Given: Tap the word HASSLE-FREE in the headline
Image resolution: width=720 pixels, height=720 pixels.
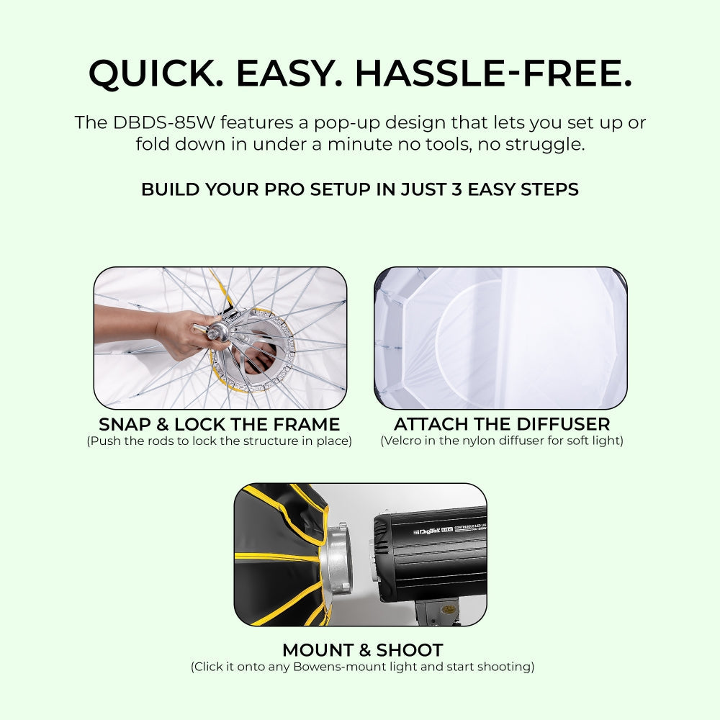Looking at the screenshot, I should tap(493, 73).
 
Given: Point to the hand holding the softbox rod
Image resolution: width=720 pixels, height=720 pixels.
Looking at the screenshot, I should tap(173, 333).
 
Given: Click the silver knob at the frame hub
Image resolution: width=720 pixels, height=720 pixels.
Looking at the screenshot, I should tap(215, 332).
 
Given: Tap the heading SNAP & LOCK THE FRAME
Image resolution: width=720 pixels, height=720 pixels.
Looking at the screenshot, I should tap(220, 423).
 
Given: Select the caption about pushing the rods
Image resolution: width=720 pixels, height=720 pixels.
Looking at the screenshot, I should tap(220, 441).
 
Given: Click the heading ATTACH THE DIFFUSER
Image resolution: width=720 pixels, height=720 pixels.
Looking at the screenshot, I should tap(502, 423).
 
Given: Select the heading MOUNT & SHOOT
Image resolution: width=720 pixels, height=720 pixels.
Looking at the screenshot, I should tap(362, 650).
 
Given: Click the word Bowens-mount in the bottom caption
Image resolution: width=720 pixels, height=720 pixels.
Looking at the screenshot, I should tap(338, 667).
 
